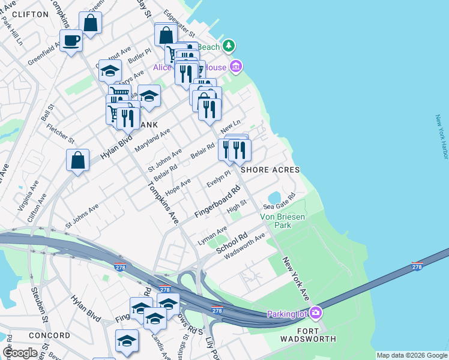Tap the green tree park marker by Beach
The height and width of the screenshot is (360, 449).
229,46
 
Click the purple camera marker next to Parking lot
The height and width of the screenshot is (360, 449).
316,313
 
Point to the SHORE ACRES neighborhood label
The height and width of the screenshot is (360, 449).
270,170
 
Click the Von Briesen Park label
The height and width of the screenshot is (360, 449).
276,221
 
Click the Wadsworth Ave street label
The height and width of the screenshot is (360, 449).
244,246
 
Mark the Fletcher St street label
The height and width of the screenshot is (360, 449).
62,133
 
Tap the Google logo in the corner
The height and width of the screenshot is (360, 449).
20,353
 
